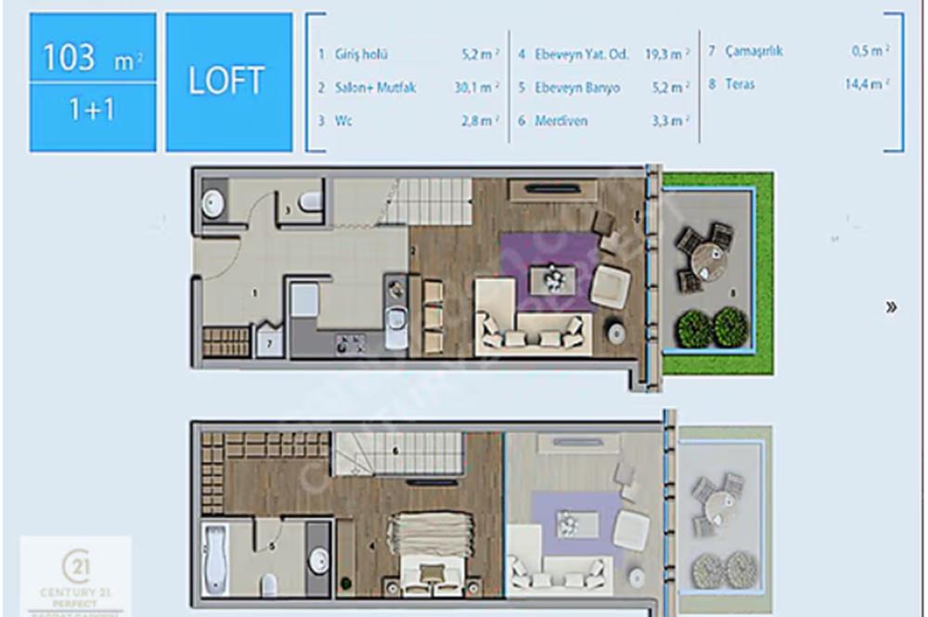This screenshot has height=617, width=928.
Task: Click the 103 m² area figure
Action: [91, 58]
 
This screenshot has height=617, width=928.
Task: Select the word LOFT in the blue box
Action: [227, 81]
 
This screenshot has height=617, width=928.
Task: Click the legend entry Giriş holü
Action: [360, 55]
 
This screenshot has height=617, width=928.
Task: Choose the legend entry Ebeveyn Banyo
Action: [576, 87]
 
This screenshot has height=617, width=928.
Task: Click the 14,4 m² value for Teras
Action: [867, 84]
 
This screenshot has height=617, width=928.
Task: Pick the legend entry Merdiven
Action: [561, 121]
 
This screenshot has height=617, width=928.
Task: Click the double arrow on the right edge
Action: [891, 308]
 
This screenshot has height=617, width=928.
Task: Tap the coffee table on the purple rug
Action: [553, 278]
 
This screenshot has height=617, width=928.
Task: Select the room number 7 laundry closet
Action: [269, 342]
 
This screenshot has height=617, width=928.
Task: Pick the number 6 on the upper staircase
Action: [395, 452]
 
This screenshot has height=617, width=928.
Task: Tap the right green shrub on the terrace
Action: [730, 327]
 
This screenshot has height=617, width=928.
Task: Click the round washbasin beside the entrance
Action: [213, 203]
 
